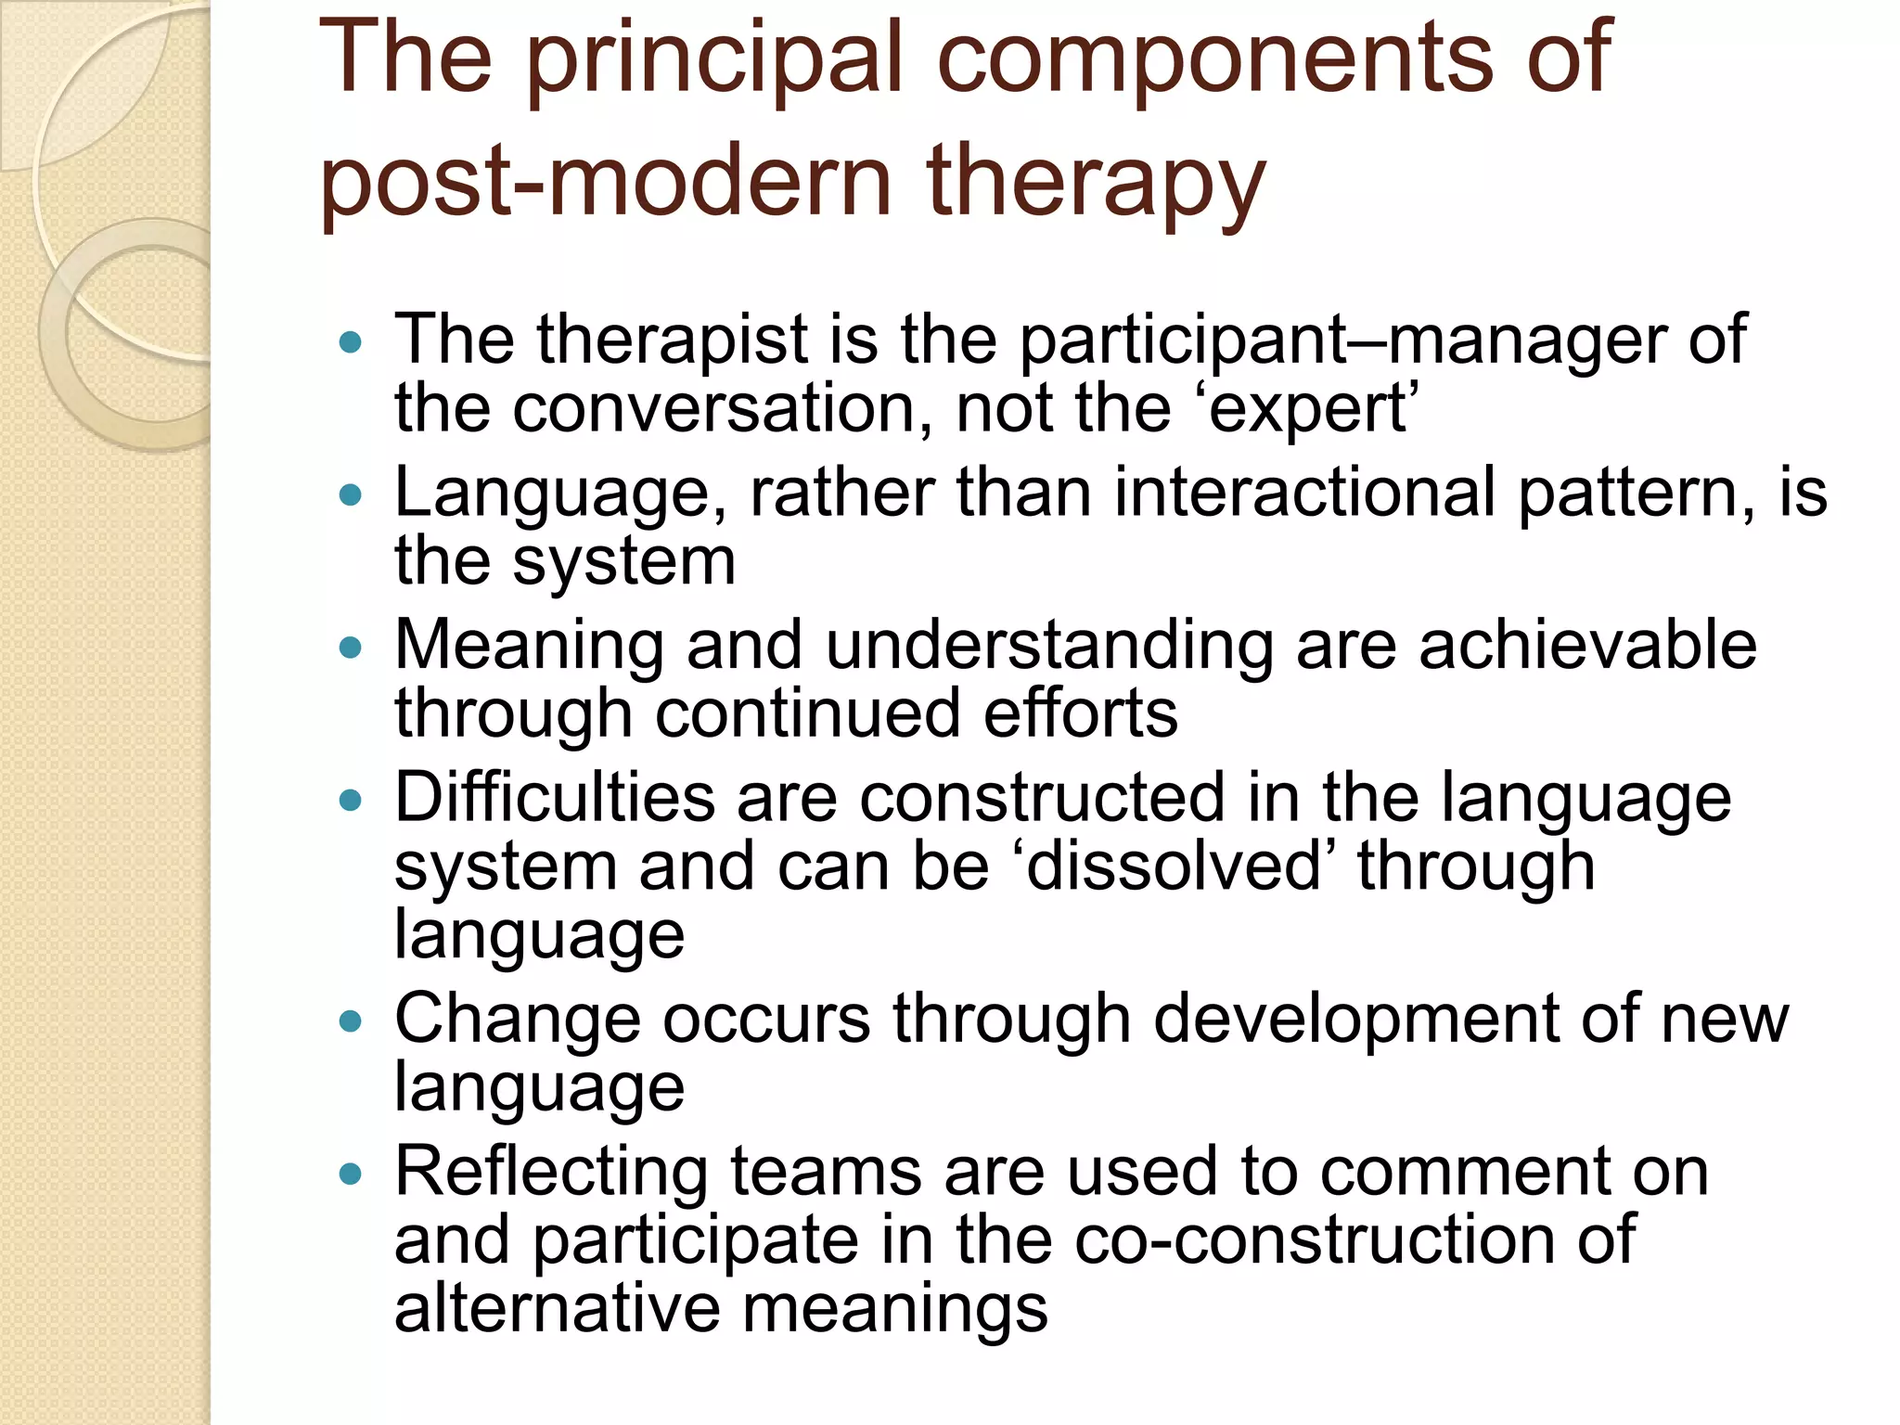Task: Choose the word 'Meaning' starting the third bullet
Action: [x=529, y=647]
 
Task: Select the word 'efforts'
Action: [x=1081, y=713]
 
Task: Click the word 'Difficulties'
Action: [x=555, y=798]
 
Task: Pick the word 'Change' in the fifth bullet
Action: [x=517, y=1020]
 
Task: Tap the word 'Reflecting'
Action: [x=551, y=1173]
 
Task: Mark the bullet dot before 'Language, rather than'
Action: [x=350, y=494]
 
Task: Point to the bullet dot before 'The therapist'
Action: [x=350, y=342]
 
